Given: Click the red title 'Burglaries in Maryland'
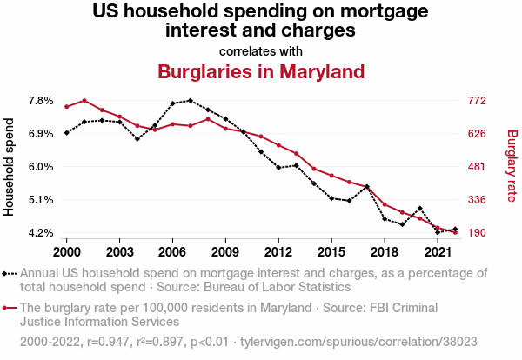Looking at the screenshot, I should coord(261,70).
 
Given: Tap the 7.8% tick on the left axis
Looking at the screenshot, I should coord(42,101).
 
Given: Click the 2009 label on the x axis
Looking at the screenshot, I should coord(225,251).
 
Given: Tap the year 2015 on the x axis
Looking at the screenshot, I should coord(331,251).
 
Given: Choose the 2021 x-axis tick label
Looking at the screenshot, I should coord(438,251).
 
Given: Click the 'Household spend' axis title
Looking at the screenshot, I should coord(10,167).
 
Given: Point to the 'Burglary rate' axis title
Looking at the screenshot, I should coord(512,167).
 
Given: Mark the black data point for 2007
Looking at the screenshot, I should coord(190,101).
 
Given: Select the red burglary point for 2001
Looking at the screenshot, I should coord(84,101).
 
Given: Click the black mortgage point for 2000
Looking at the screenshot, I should coord(66,133).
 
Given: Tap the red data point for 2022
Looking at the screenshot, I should coord(455,232).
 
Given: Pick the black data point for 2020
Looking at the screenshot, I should coord(420,209).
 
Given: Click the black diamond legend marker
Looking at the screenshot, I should coord(6,273).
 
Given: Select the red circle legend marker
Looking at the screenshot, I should coord(6,307).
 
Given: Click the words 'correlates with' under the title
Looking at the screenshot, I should coord(261,50).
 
